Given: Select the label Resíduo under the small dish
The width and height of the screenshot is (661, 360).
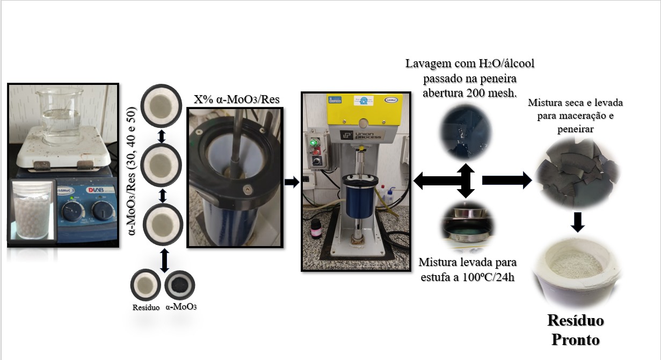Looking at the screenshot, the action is click(x=146, y=307).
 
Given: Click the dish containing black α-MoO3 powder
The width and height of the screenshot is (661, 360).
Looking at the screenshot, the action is click(x=180, y=285).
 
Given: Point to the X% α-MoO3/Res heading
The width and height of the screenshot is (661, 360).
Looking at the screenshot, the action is click(x=236, y=99).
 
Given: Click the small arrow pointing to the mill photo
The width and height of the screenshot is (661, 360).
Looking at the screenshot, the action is click(x=292, y=182).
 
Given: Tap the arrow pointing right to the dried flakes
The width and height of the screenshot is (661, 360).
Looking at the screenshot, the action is click(x=507, y=180).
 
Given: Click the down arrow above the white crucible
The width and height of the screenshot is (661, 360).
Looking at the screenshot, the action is click(x=577, y=222).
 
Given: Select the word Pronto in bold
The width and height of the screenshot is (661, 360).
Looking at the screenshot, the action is click(x=576, y=340).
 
